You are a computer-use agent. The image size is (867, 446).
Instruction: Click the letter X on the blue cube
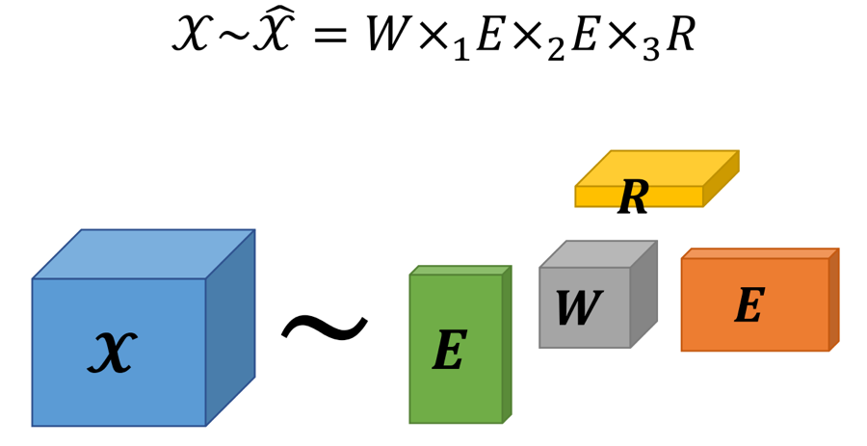(x=112, y=353)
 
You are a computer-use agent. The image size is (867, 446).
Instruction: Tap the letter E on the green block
(x=449, y=352)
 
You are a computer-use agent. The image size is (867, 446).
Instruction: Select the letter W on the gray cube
(x=579, y=309)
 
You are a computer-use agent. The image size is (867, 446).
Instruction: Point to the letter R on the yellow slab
(x=633, y=197)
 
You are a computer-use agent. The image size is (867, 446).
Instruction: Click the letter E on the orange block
(x=749, y=306)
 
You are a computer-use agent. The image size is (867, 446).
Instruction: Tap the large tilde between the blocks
(x=324, y=329)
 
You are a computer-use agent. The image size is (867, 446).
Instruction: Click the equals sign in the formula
(x=328, y=37)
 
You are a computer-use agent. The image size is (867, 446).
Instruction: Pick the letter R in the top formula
(x=680, y=36)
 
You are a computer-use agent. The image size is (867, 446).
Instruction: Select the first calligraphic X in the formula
(x=190, y=36)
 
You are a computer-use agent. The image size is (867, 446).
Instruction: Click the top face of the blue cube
(x=144, y=253)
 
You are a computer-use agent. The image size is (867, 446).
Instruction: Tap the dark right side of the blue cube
(x=230, y=328)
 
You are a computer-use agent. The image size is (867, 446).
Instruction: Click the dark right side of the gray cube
(x=644, y=294)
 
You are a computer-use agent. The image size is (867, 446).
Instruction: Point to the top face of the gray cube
(x=598, y=254)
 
